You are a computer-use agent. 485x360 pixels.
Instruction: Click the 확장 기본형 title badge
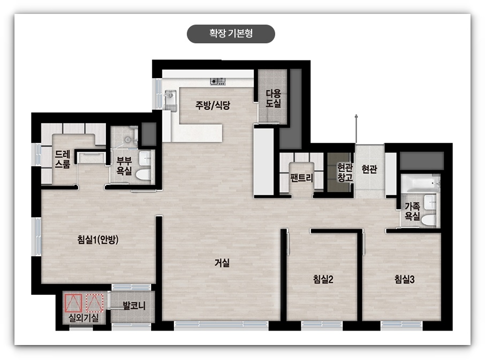tap(231, 34)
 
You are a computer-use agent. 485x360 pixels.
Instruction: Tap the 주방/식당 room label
tap(213, 105)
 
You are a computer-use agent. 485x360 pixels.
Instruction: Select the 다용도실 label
tap(273, 98)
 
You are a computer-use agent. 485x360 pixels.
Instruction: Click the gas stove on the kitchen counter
tap(218, 81)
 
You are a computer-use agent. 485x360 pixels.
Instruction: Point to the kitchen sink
tap(170, 96)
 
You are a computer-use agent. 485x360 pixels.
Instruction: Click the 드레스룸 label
tap(63, 159)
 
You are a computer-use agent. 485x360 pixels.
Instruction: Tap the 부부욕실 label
tap(124, 166)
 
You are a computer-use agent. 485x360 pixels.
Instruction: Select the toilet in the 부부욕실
tap(143, 174)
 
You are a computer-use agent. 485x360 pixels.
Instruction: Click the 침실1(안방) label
tap(98, 240)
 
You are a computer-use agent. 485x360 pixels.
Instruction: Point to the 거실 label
tap(222, 263)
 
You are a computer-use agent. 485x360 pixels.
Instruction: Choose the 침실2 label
tap(323, 279)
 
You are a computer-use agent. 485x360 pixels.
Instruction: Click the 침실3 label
tap(404, 279)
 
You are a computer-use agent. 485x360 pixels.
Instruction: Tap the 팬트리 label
tap(301, 178)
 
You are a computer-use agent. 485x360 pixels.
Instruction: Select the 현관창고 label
tap(345, 172)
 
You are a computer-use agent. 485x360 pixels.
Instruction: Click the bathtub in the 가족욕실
tap(420, 184)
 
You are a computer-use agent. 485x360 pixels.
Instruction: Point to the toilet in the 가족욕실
tap(429, 220)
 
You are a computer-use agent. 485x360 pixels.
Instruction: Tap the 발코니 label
tap(134, 305)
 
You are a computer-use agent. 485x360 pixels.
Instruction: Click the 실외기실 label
tap(84, 317)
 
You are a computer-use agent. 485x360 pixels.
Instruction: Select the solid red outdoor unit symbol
tap(73, 303)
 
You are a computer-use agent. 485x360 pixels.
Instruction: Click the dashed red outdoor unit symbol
tap(94, 303)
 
